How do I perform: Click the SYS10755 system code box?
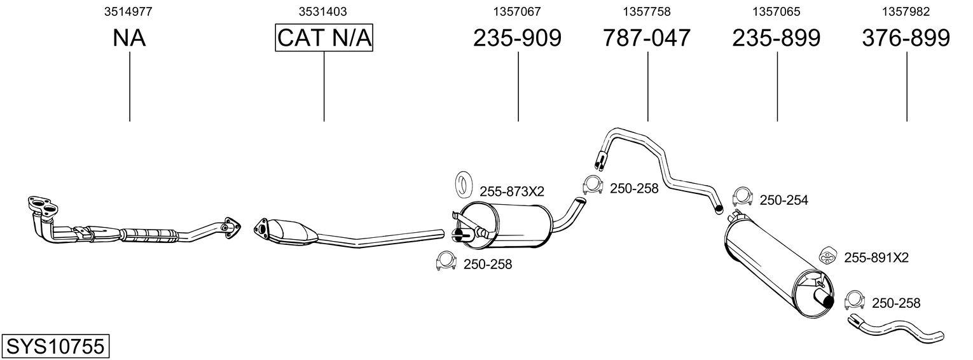[x=55, y=347]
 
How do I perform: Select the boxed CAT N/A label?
[x=324, y=38]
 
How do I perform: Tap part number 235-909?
[x=517, y=38]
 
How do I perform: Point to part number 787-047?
[x=646, y=38]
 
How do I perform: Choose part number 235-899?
[x=776, y=38]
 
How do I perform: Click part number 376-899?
[x=906, y=38]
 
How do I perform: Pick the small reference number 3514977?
[x=128, y=11]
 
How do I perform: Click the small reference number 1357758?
[x=647, y=11]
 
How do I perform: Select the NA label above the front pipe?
[x=129, y=38]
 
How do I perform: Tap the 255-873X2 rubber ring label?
[x=512, y=191]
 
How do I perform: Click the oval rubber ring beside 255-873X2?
[x=464, y=184]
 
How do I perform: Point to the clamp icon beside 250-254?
[x=742, y=197]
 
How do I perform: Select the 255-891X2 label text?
[x=876, y=258]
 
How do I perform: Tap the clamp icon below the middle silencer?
[x=446, y=261]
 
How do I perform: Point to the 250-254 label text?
[x=783, y=200]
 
